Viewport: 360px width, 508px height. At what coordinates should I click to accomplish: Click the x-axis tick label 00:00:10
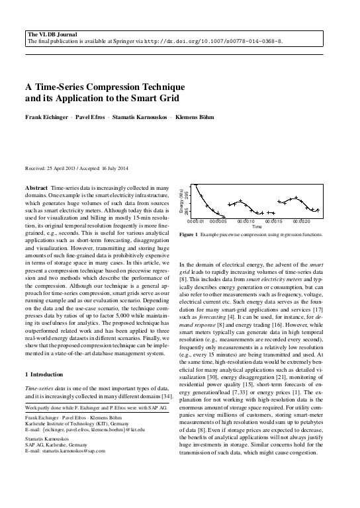coord(246,221)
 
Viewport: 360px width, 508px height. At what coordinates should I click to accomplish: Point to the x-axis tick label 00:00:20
coord(301,221)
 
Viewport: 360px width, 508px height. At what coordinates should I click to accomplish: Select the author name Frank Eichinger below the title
coord(45,124)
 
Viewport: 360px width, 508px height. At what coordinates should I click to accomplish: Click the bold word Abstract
coord(36,189)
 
